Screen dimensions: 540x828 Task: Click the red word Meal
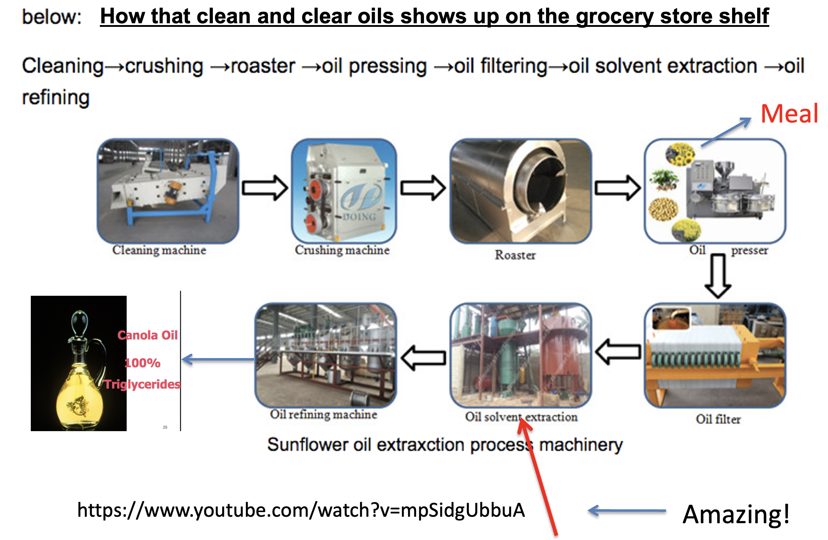(x=789, y=114)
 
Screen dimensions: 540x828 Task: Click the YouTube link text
(x=301, y=510)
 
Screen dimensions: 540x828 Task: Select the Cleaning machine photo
(x=168, y=191)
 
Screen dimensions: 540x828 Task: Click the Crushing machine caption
(x=342, y=250)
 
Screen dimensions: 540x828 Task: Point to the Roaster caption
(x=515, y=255)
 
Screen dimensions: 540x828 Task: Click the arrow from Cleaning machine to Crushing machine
(x=264, y=188)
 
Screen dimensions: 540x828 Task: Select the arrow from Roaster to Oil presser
(x=617, y=188)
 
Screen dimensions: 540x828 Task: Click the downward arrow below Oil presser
(x=717, y=275)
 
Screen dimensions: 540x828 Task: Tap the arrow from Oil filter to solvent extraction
(x=618, y=352)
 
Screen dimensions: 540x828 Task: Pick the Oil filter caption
(x=718, y=419)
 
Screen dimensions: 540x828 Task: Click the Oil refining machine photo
(x=325, y=355)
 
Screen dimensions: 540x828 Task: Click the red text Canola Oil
(x=147, y=335)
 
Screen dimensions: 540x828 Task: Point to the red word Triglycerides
(x=142, y=384)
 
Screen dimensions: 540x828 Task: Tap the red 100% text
(x=142, y=363)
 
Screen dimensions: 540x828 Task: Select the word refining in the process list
(x=56, y=97)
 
